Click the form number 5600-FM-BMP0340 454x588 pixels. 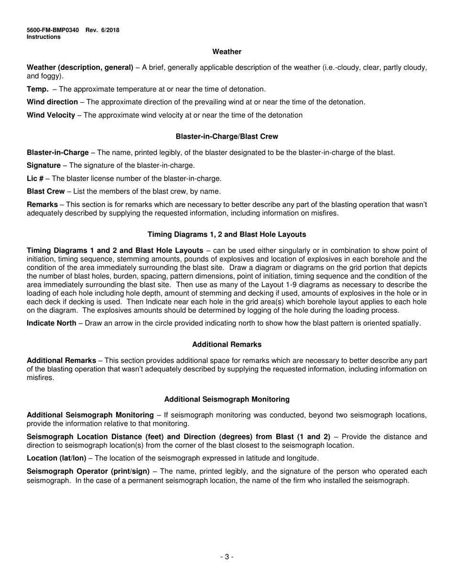(x=53, y=30)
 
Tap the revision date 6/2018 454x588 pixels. (x=110, y=30)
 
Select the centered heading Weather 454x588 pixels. (x=227, y=52)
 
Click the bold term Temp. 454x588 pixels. (x=37, y=89)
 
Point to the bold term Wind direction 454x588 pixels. (x=52, y=102)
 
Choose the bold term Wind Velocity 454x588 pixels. (x=51, y=115)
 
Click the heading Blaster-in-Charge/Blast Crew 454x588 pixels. (x=227, y=137)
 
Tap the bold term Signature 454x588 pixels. (x=43, y=166)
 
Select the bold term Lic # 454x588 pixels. (x=35, y=179)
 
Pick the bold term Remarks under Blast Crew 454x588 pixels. (x=42, y=205)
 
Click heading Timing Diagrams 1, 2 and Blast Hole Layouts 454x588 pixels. (x=227, y=235)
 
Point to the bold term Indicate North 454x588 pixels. (x=51, y=323)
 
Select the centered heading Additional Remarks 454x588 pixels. (x=227, y=345)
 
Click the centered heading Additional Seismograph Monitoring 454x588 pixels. (x=227, y=399)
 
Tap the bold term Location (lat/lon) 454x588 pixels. (x=56, y=458)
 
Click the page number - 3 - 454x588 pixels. (x=227, y=556)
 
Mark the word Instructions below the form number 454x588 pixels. (x=43, y=37)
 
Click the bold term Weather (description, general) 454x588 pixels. (x=80, y=67)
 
